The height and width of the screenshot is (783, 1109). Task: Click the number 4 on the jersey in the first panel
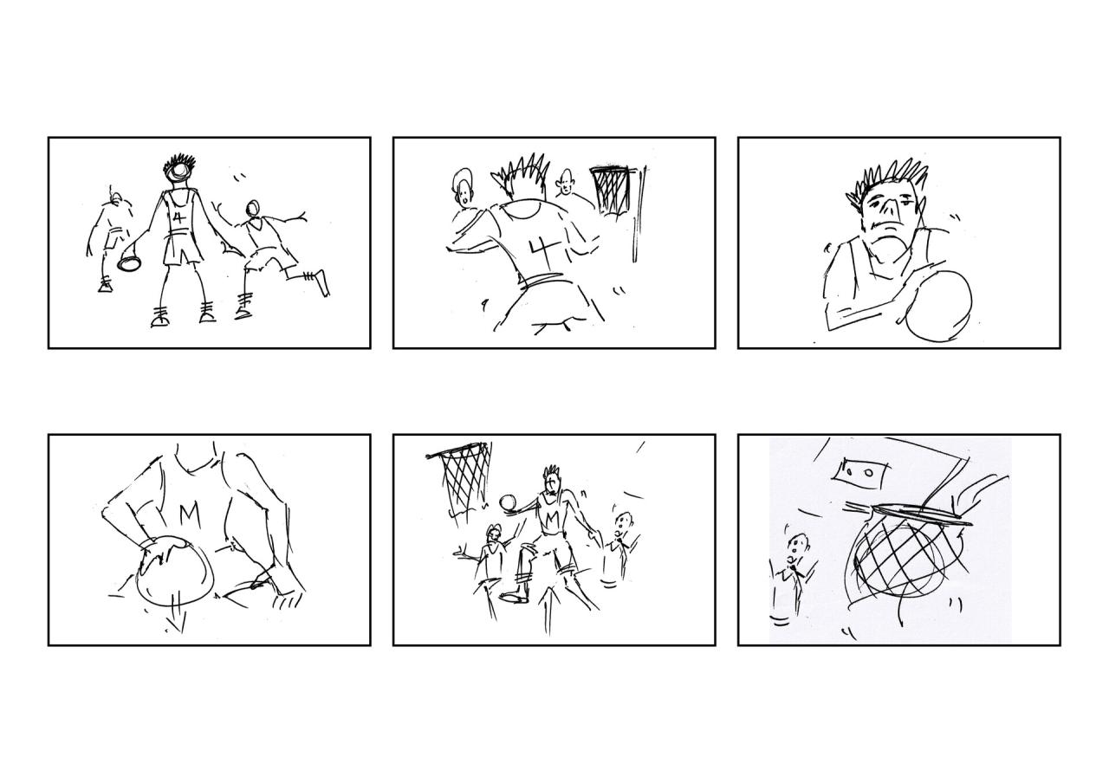click(178, 217)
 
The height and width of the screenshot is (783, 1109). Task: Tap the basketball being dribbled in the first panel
click(129, 261)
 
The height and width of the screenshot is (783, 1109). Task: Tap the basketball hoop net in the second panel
click(611, 189)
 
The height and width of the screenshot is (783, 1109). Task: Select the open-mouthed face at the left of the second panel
click(464, 188)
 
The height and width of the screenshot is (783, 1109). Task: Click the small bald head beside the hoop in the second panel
click(566, 183)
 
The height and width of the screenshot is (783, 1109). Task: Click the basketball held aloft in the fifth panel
click(508, 503)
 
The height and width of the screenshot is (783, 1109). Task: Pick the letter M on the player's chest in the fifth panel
click(550, 517)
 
